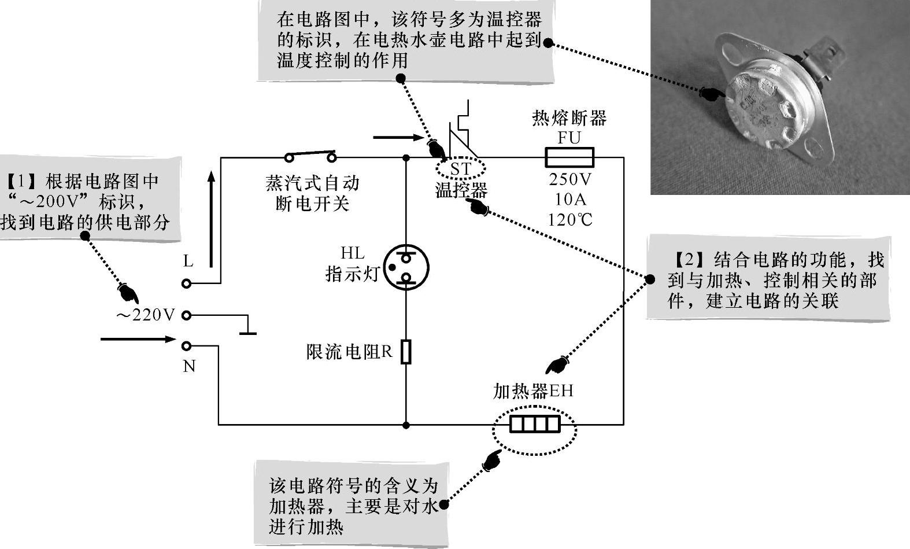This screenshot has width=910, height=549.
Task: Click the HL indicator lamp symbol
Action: click(406, 267)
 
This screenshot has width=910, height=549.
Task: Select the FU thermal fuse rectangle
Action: click(569, 157)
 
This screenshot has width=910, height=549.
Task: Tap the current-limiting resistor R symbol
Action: click(406, 352)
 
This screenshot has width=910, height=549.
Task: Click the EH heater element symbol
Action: click(535, 425)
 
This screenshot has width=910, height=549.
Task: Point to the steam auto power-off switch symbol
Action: click(310, 157)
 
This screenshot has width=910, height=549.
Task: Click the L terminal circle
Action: click(186, 283)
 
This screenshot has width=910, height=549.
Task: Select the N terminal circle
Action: click(186, 346)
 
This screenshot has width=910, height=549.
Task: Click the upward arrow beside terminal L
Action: click(212, 220)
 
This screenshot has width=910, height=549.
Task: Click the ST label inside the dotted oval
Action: click(461, 169)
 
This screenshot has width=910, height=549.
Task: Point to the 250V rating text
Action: click(570, 179)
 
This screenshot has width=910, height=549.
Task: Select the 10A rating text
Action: click(570, 200)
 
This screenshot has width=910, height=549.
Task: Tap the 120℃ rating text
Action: click(570, 220)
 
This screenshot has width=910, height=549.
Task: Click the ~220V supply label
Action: click(145, 315)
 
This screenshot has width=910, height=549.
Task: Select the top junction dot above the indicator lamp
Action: click(406, 157)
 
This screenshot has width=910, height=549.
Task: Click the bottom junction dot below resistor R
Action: click(406, 425)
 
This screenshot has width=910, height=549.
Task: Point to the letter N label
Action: click(189, 366)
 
